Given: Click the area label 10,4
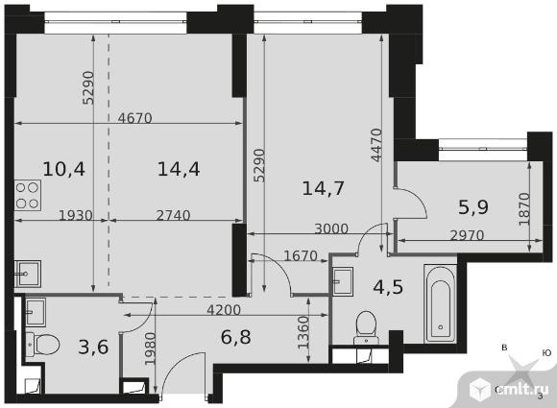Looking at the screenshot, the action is [x=64, y=169].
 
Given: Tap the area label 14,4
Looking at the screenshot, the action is [x=179, y=169].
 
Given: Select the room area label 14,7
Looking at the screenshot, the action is [x=323, y=188].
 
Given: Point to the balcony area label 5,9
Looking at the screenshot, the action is [x=473, y=207].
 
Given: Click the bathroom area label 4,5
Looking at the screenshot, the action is [x=388, y=287].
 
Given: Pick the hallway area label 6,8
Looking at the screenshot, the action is [x=236, y=337].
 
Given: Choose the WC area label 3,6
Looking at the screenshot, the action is [x=93, y=347].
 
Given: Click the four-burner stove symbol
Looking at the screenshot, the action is [x=28, y=195].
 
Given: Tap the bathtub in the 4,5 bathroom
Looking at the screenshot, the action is [x=441, y=303].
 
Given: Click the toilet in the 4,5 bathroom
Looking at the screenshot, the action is [x=367, y=327].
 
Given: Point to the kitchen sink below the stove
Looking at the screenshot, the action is [x=28, y=274].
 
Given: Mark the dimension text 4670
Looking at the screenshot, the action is [x=135, y=118].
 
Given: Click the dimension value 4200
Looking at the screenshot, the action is [x=224, y=310].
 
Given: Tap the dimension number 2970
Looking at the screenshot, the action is [x=467, y=235].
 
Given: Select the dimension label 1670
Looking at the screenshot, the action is [x=301, y=255].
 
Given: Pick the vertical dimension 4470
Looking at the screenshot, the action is [x=376, y=145].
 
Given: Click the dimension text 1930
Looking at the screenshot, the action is [x=76, y=215].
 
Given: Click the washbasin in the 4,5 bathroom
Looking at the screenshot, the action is [x=343, y=281].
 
